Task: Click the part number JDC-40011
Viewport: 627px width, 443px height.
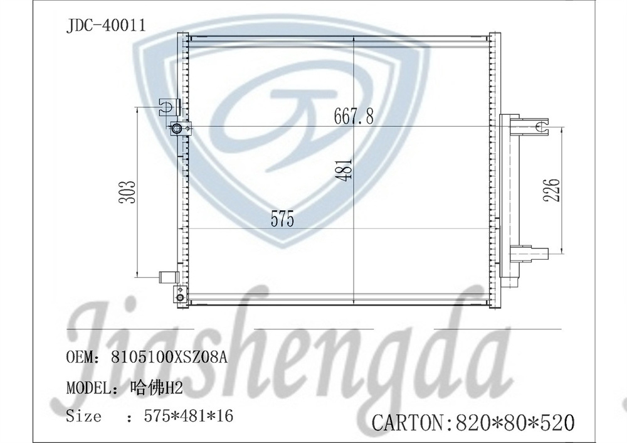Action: (106, 26)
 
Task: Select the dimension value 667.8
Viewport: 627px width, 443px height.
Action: (354, 117)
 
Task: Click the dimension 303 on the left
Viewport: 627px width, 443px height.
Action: (127, 192)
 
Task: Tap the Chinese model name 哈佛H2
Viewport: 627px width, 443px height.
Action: (157, 387)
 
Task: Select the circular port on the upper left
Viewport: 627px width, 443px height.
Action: (177, 129)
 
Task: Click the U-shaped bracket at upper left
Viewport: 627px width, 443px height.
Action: (169, 105)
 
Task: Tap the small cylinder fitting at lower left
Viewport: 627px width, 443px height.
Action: (167, 277)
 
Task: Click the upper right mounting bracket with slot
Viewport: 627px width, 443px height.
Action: (533, 127)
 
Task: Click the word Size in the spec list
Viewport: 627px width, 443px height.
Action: (83, 415)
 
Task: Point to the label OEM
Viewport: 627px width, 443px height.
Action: (80, 358)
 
